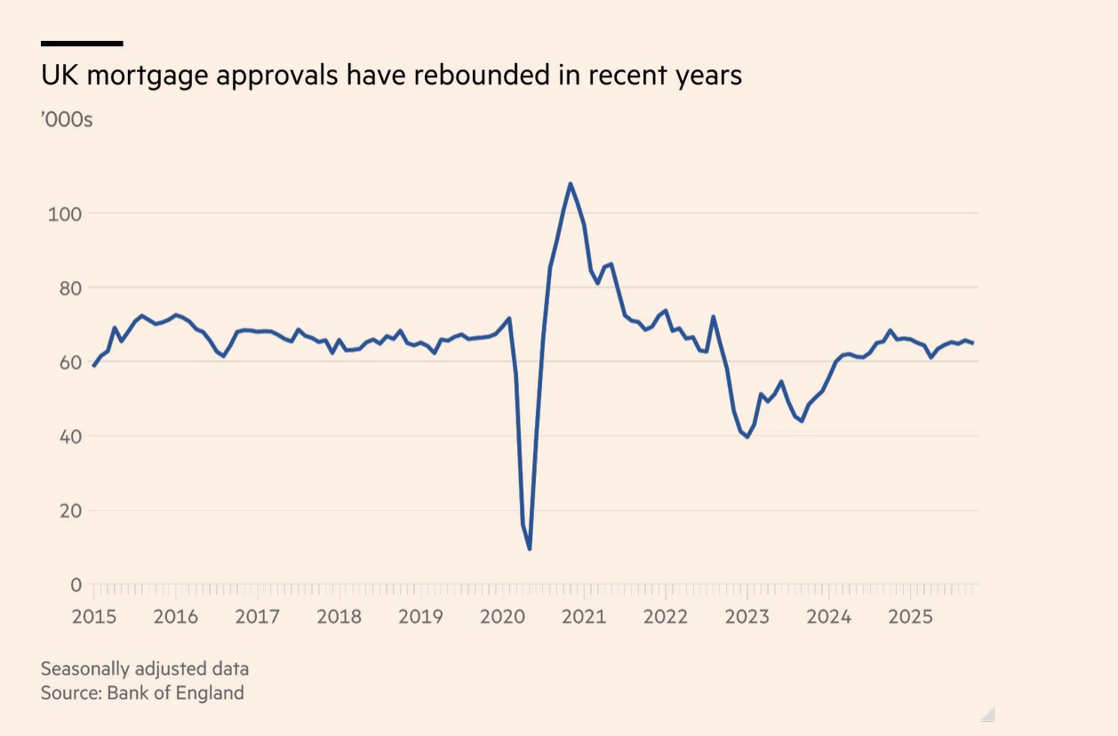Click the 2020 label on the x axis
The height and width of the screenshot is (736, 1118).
click(x=502, y=616)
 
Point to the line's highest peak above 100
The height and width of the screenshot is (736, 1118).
click(x=570, y=184)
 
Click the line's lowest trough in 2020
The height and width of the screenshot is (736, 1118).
click(x=530, y=548)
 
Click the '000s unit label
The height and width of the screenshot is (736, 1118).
click(x=67, y=119)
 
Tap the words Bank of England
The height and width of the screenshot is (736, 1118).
click(x=175, y=692)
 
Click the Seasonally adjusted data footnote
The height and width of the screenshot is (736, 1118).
click(x=145, y=668)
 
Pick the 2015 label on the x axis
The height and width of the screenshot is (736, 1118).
click(x=93, y=616)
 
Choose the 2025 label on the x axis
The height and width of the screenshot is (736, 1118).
click(x=911, y=616)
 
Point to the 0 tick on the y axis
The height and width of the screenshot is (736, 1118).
click(x=76, y=585)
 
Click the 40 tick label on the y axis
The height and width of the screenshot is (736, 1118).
click(x=71, y=436)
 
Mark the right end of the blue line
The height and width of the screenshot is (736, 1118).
click(x=973, y=343)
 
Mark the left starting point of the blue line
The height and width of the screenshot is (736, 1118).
click(x=93, y=366)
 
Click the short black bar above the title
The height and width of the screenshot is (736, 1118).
click(x=82, y=43)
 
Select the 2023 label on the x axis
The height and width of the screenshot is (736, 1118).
click(x=747, y=616)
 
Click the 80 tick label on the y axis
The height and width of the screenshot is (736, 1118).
click(x=71, y=288)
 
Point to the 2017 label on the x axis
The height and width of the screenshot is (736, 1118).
click(x=257, y=616)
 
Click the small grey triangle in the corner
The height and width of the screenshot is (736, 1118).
click(x=987, y=715)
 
